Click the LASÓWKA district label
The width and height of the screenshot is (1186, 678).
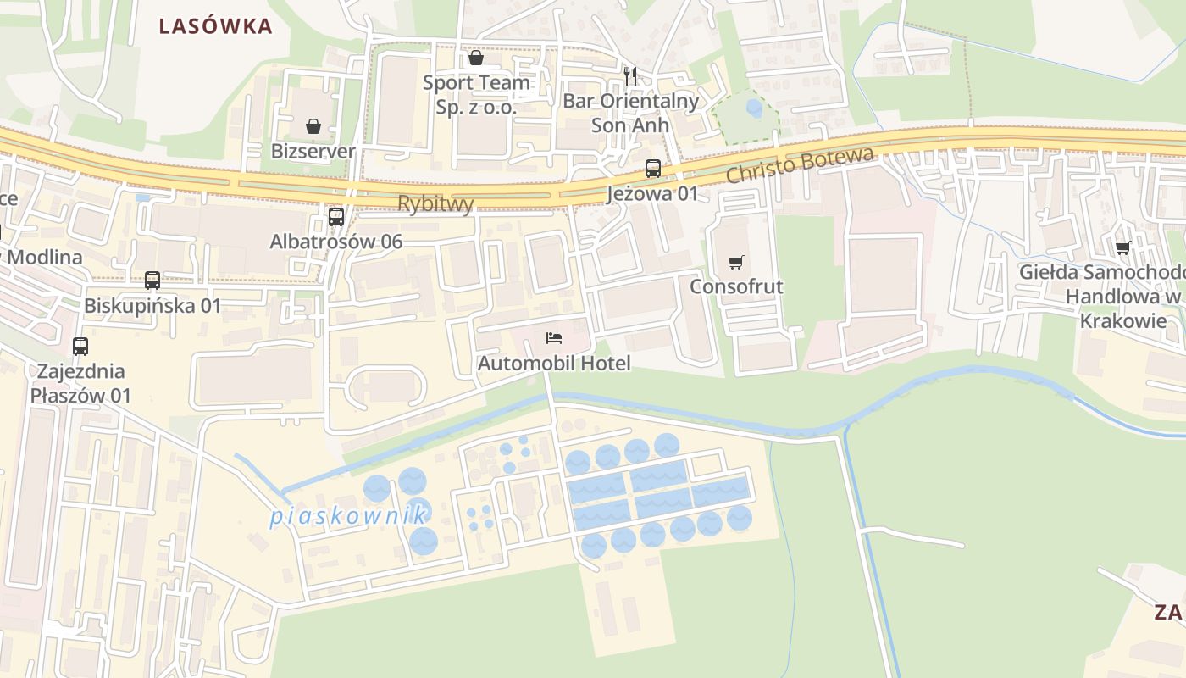[x=216, y=26]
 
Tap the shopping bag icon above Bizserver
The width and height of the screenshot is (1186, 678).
[x=313, y=127]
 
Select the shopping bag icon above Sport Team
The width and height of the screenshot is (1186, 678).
[x=476, y=58]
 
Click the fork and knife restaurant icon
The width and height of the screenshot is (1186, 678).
[x=630, y=76]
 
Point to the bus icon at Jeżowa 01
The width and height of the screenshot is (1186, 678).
[x=652, y=168]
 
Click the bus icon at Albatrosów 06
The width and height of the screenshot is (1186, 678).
[x=336, y=217]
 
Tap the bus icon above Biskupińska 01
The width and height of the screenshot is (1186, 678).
[x=152, y=281]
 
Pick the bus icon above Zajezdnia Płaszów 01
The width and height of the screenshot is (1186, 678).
[x=80, y=346]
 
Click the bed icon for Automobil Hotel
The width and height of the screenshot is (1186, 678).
[x=554, y=339]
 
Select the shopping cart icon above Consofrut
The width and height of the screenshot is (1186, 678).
[x=736, y=262]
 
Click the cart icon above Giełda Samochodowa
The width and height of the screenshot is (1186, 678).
[x=1123, y=247]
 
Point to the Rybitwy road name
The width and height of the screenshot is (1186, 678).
[x=435, y=203]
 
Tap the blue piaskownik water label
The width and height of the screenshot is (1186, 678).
[x=348, y=515]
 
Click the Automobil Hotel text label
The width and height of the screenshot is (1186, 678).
[x=554, y=364]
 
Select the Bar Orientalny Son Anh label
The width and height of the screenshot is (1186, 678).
[x=630, y=113]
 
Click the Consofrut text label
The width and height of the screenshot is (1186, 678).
[x=736, y=286]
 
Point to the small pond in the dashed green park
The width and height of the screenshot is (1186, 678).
[x=753, y=108]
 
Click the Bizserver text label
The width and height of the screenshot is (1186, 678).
[x=313, y=152]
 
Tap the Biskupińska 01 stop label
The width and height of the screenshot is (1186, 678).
[x=152, y=305]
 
